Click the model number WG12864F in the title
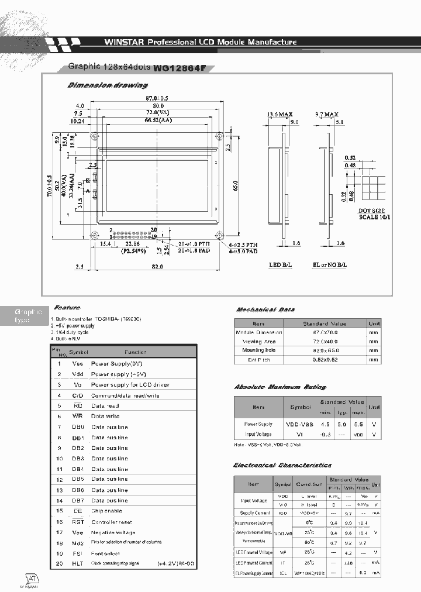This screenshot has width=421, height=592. tap(180, 67)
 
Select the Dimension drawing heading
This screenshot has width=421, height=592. tap(108, 85)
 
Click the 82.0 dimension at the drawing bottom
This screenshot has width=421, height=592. tap(156, 266)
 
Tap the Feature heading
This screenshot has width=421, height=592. tap(67, 307)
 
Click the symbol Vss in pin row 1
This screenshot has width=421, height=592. tap(78, 363)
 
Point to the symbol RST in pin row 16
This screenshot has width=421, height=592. tap(78, 521)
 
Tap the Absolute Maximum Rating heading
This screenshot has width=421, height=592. tap(280, 387)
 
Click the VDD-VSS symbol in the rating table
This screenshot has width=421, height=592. tap(301, 424)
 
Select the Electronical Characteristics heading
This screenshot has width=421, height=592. tap(282, 465)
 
